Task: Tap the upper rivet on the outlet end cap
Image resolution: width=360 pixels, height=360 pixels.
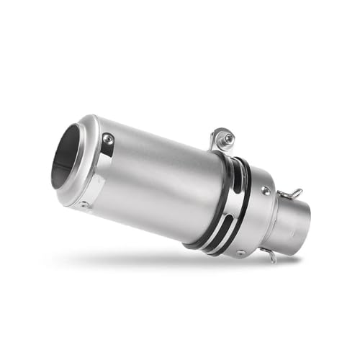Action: [108, 138]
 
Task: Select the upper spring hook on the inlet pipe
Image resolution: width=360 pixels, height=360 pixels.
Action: [292, 194]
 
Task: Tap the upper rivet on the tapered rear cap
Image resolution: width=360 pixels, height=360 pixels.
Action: [266, 190]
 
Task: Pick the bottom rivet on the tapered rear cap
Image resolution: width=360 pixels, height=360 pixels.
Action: [240, 252]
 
